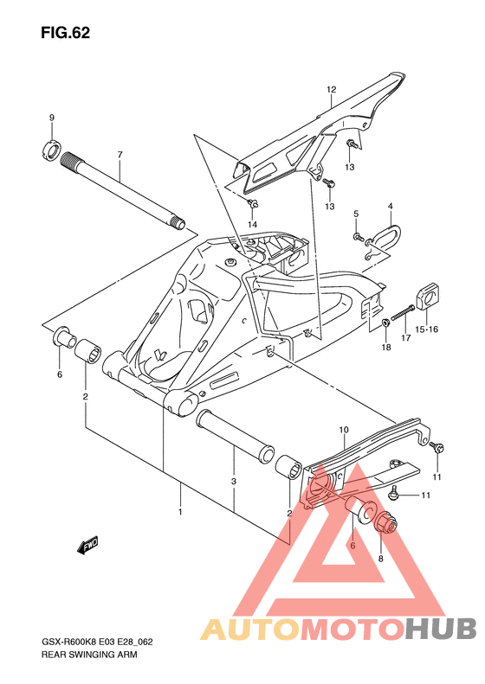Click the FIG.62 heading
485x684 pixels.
[66, 33]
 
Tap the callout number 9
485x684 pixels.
[52, 118]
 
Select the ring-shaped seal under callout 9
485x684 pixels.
[52, 150]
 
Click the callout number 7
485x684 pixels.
[120, 155]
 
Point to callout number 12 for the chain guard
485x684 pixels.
[331, 89]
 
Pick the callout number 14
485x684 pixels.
[253, 225]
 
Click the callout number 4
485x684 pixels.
[391, 206]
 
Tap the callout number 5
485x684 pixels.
[356, 214]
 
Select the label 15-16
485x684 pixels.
[426, 329]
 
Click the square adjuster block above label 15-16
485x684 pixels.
[428, 297]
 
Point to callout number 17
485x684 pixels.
[406, 337]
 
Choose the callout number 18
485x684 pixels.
[386, 348]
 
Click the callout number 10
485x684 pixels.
[344, 430]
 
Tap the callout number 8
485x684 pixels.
[380, 559]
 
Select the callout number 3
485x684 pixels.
[234, 482]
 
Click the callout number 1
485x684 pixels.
[180, 512]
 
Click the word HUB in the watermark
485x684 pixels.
[440, 629]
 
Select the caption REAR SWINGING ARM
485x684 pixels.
[89, 655]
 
